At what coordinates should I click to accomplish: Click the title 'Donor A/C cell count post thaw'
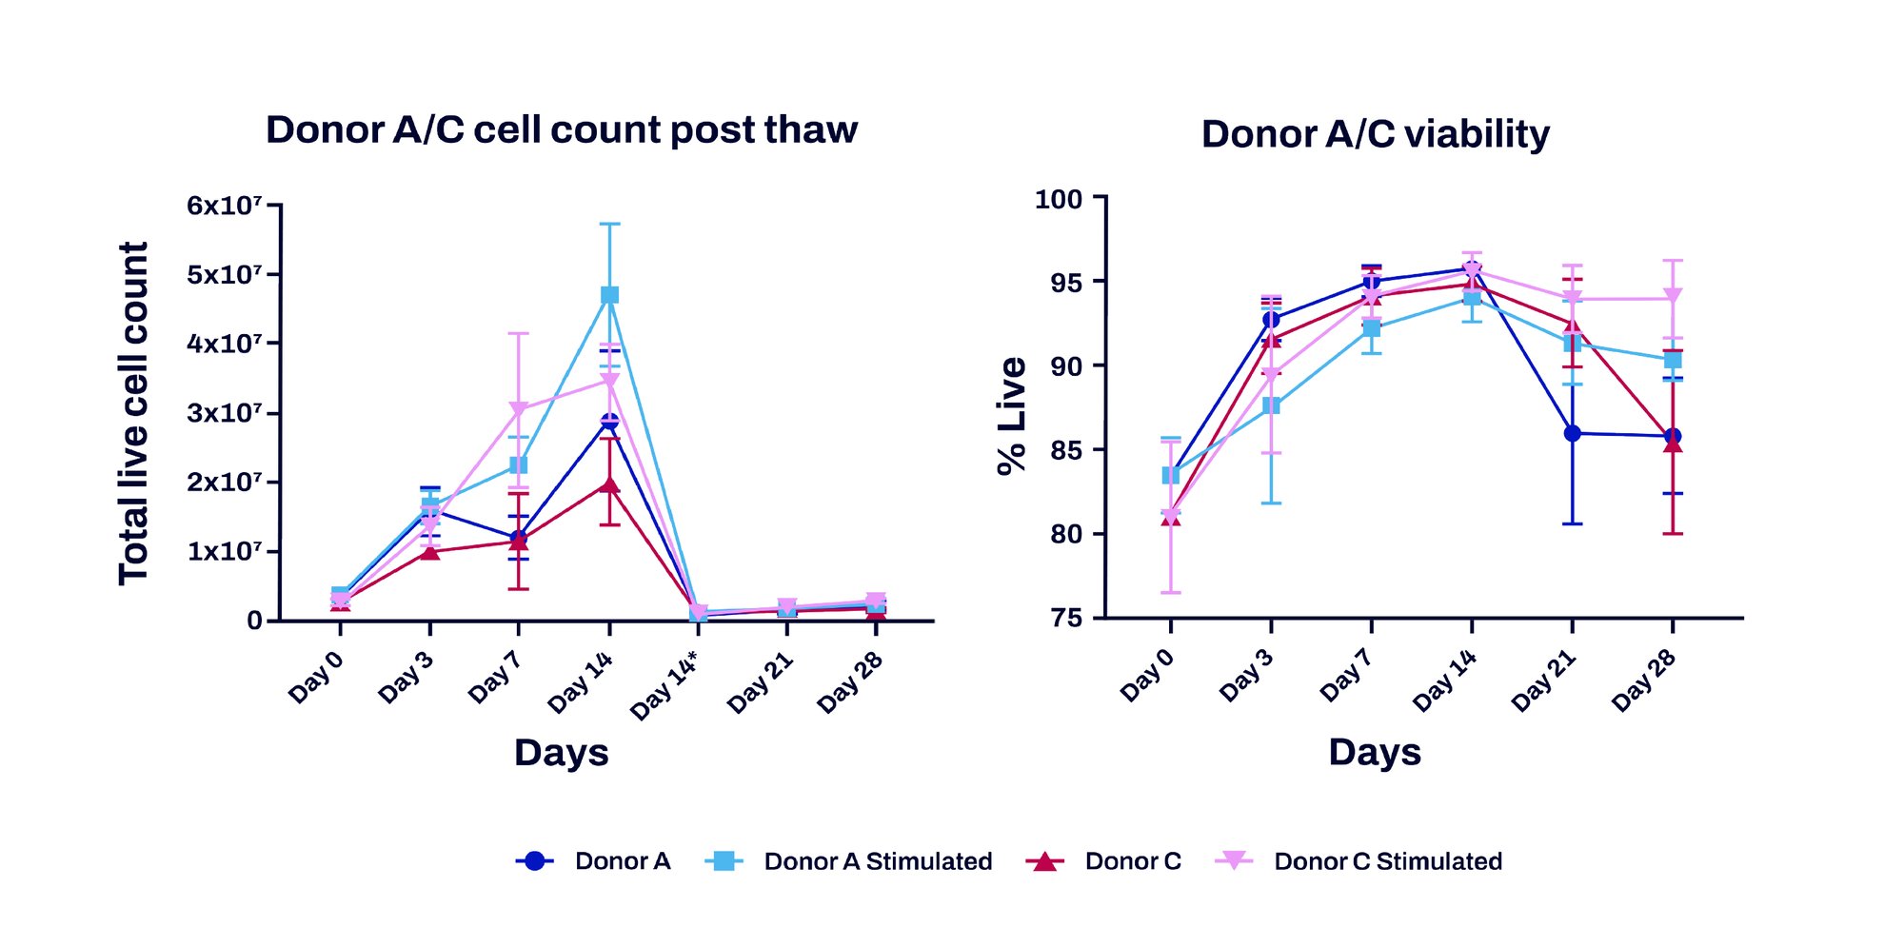click(561, 129)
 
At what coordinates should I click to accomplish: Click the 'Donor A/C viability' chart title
click(1375, 134)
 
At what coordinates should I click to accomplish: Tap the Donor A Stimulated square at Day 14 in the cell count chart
click(609, 295)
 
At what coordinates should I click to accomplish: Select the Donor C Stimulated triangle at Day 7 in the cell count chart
click(518, 410)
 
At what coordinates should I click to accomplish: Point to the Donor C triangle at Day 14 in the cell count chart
click(609, 484)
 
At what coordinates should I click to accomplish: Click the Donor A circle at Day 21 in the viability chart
click(1572, 433)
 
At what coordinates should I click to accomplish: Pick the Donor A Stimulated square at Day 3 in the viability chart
click(1271, 405)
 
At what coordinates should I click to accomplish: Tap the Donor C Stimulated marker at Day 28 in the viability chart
click(1673, 297)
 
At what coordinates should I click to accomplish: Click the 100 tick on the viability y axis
click(1059, 199)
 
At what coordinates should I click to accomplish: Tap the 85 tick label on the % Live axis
click(1066, 450)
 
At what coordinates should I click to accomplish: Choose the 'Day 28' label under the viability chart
click(1643, 681)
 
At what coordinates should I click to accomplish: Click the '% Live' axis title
click(1012, 415)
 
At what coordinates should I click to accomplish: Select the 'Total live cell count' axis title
click(132, 413)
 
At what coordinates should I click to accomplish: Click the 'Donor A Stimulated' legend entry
click(877, 861)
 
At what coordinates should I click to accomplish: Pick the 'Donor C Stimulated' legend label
click(1387, 861)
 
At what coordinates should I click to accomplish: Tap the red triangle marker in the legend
click(1044, 861)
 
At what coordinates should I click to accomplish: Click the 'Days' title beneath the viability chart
click(1374, 752)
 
